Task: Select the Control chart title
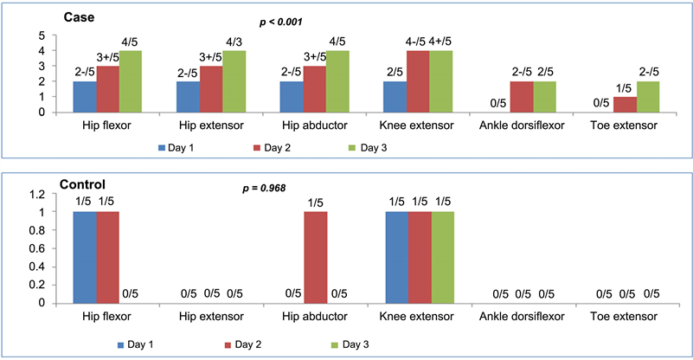coord(83,184)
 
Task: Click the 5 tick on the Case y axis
coord(41,35)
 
